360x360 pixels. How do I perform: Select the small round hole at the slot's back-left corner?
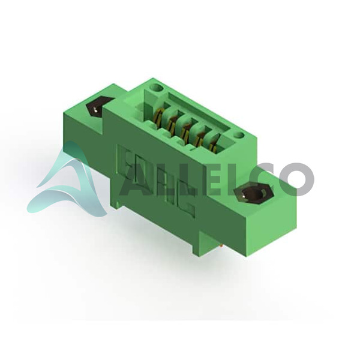[157, 88]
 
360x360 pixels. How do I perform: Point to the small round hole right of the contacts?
[239, 136]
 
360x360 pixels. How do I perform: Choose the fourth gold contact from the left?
[199, 137]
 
